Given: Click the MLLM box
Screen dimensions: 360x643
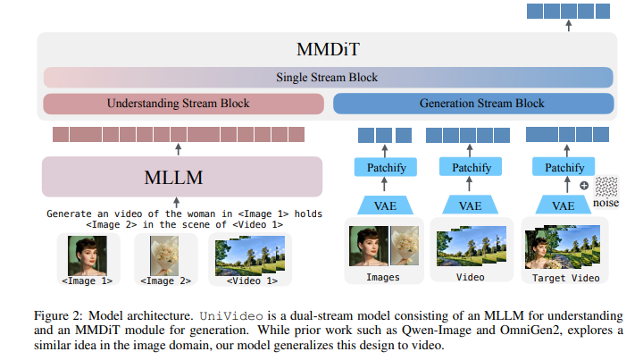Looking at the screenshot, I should (181, 177).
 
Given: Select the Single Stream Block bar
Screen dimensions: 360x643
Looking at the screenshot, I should (328, 77).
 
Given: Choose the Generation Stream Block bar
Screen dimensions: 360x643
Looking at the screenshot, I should (473, 104).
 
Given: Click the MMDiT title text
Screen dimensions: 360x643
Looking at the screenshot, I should (327, 49).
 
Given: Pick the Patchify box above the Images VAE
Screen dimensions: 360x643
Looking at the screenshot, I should (384, 167).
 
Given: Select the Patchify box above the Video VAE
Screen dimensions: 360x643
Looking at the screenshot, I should (470, 167).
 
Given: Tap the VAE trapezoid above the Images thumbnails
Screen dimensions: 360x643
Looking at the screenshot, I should (384, 205).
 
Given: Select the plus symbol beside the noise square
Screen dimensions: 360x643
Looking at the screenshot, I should (583, 185).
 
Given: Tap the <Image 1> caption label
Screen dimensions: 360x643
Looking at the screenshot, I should (87, 280).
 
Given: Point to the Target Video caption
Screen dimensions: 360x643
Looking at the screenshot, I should (565, 278).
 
